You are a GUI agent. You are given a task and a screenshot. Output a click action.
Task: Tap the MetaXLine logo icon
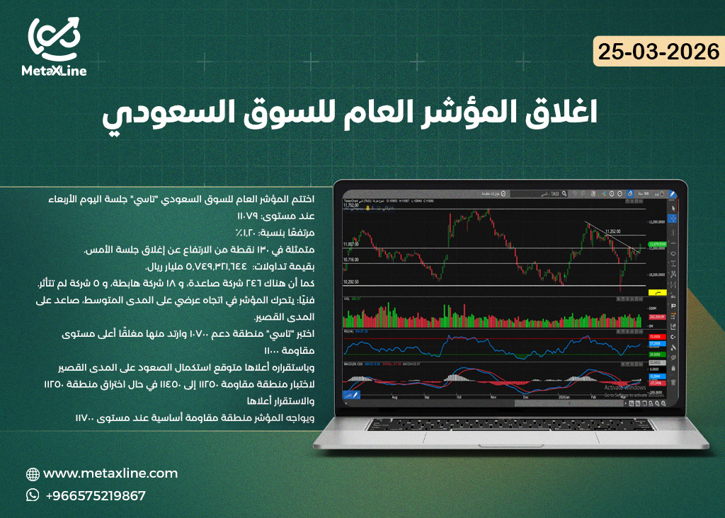pos(54,38)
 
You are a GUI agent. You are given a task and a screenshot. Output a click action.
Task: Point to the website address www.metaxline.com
pos(110,473)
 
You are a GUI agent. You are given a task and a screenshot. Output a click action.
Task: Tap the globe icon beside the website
pos(33,474)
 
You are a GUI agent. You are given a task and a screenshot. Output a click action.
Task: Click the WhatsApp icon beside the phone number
pos(33,495)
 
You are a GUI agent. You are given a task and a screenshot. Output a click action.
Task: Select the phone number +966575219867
pos(96,496)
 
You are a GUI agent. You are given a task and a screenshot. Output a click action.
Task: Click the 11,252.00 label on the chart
pos(613,231)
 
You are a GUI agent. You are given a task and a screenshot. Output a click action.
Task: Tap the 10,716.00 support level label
pos(352,260)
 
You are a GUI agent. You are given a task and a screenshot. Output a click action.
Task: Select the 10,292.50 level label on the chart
pos(352,282)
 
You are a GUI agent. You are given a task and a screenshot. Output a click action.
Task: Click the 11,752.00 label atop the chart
pos(352,205)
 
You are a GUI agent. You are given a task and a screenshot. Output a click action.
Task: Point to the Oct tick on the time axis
pos(459,398)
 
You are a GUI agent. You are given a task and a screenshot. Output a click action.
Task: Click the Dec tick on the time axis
pos(525,398)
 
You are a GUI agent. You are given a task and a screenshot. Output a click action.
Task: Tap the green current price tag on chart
pos(657,243)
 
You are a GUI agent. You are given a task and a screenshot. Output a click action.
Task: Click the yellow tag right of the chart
pos(658,291)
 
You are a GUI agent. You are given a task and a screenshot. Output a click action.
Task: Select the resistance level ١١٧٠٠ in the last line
pos(86,418)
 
